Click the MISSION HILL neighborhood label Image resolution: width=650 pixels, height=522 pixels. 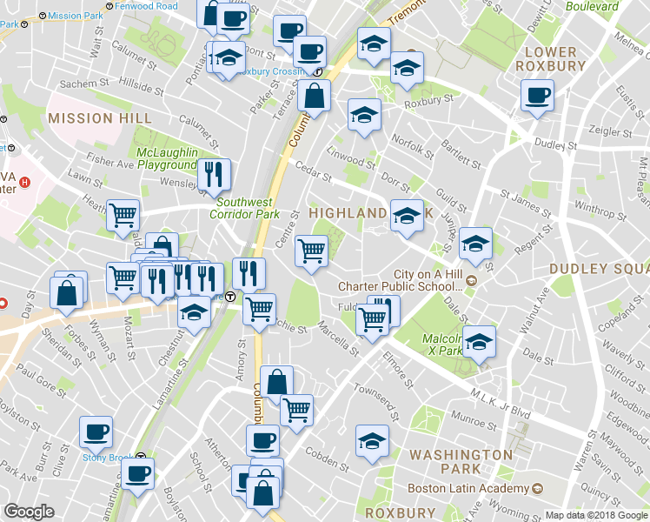100,117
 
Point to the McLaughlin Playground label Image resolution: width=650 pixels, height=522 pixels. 168,158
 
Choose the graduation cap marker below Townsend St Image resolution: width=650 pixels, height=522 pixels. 372,441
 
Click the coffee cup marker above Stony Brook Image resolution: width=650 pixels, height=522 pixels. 96,431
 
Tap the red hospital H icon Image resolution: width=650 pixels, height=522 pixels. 25,183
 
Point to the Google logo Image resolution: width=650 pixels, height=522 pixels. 30,512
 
